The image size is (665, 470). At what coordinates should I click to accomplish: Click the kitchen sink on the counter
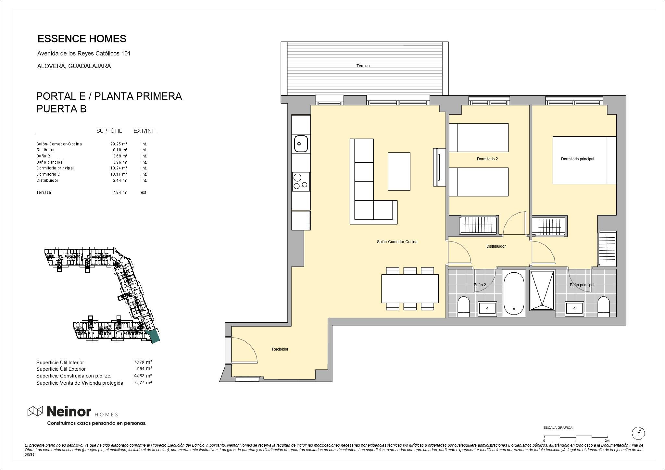(301, 144)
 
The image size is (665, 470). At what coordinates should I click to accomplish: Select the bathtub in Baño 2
(514, 293)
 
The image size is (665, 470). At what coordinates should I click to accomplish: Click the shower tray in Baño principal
(542, 290)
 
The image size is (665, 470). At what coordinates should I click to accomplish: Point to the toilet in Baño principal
(604, 307)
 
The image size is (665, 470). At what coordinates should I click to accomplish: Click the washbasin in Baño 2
(487, 308)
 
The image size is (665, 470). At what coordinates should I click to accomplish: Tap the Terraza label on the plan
(363, 66)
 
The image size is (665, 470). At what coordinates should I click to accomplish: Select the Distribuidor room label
(496, 246)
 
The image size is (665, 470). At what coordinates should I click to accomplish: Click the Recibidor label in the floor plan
(280, 349)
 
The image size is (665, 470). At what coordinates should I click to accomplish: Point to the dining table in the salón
(410, 289)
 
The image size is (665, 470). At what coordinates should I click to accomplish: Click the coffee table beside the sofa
(399, 171)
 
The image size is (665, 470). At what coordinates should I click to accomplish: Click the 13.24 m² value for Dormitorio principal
(119, 168)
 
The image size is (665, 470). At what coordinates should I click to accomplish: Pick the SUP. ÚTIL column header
(109, 131)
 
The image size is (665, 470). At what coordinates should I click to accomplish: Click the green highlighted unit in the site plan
(153, 336)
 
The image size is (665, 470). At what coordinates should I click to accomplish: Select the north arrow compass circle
(638, 433)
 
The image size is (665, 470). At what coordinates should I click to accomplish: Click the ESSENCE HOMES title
(82, 39)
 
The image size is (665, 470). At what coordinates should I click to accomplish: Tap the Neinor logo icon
(35, 411)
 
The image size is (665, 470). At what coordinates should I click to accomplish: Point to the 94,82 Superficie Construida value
(139, 376)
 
